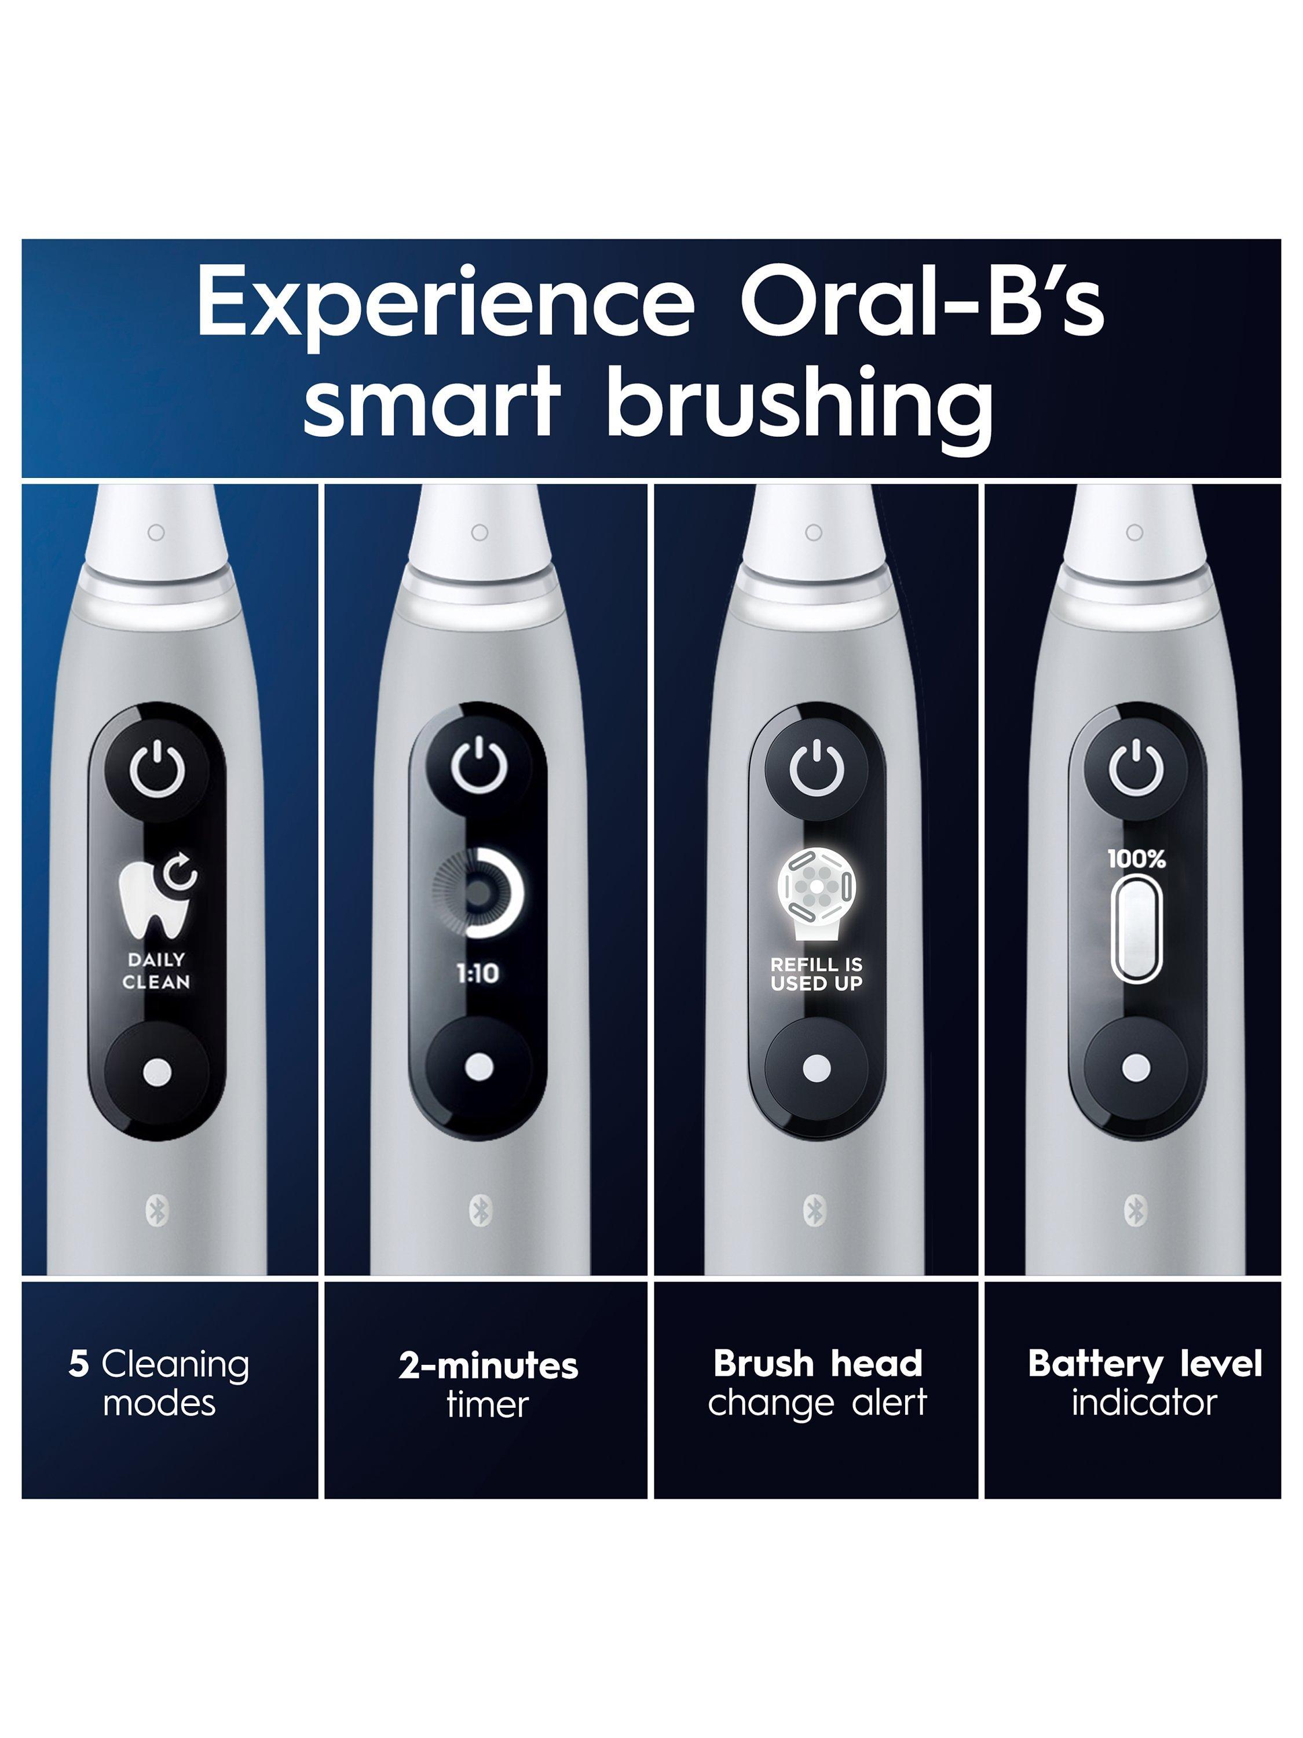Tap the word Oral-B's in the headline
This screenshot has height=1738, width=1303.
pyautogui.click(x=923, y=300)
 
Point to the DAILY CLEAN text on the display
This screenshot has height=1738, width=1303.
pyautogui.click(x=156, y=970)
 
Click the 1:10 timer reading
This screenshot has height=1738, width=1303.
pyautogui.click(x=478, y=973)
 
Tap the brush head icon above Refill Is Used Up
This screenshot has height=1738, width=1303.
pyautogui.click(x=817, y=894)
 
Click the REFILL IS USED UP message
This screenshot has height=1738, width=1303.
pyautogui.click(x=817, y=974)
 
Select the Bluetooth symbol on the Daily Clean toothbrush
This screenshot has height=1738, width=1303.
pyautogui.click(x=157, y=1211)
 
